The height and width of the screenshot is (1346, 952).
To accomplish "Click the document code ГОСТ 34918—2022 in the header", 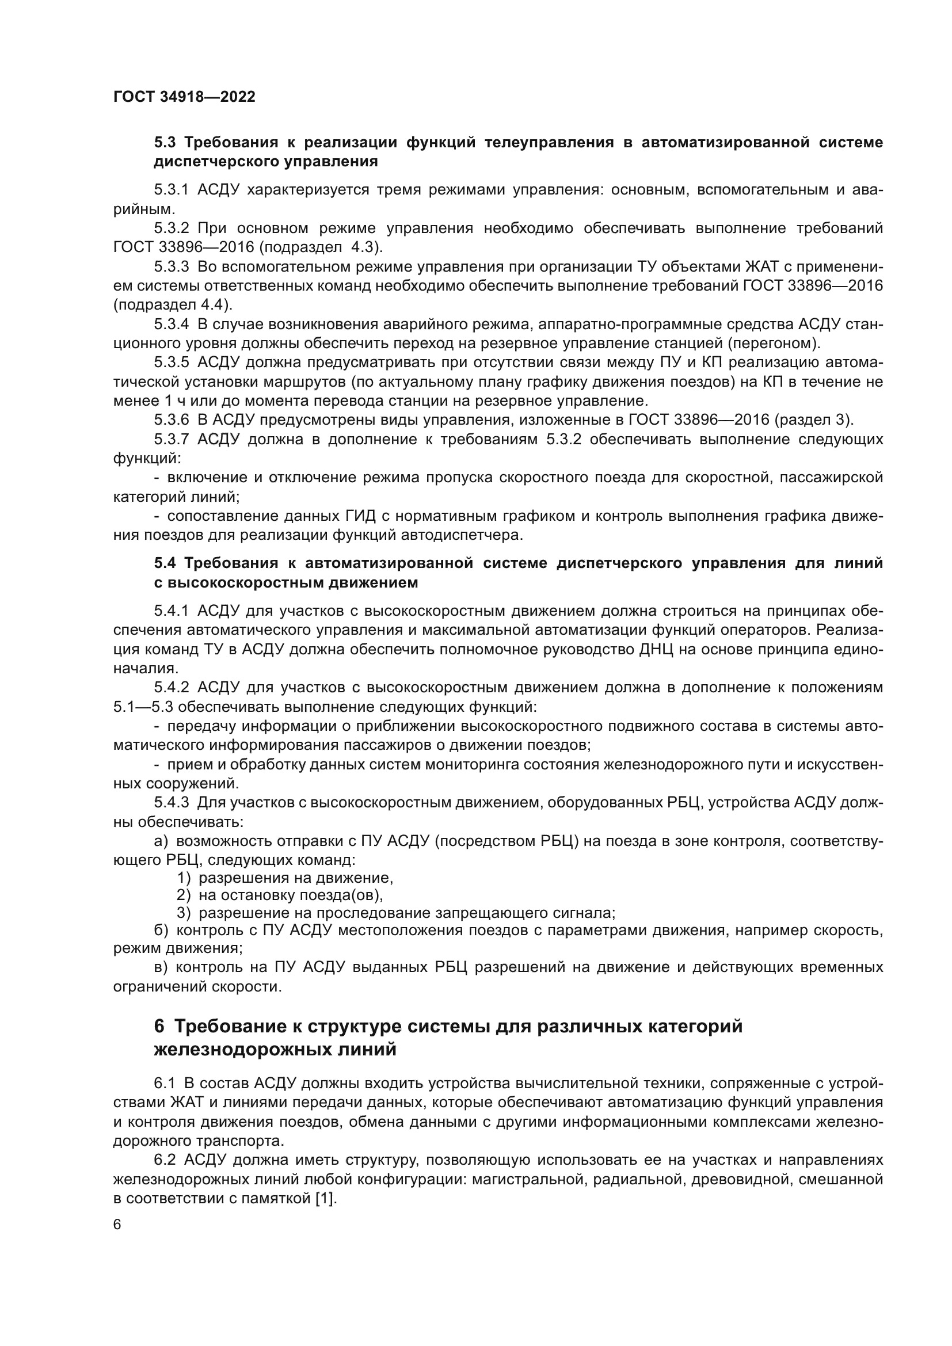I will tap(184, 97).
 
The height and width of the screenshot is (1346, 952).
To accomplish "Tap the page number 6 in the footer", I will tap(117, 1225).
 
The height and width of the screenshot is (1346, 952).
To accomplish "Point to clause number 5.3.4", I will tap(171, 325).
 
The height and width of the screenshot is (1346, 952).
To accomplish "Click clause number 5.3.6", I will tap(171, 420).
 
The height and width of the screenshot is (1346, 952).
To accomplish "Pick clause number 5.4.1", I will tap(171, 611).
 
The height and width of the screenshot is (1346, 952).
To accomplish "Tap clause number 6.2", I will tap(165, 1160).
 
